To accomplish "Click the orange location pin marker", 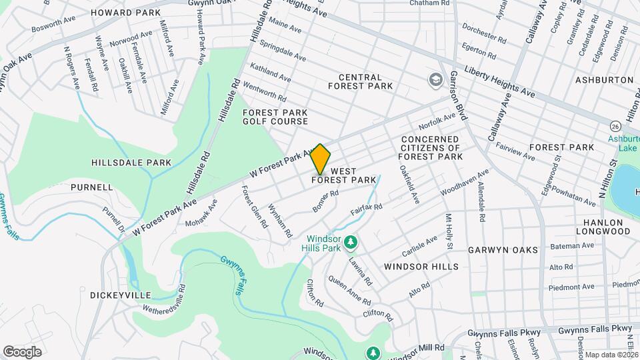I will point(320,159).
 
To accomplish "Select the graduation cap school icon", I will point(436,80).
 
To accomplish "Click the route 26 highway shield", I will point(614,126).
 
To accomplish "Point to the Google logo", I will point(22,351).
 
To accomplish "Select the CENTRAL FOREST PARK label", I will point(365,81).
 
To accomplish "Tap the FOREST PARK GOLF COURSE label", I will point(275,117).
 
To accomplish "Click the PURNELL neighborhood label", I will point(91,187).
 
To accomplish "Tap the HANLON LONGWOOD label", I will point(607,227).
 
